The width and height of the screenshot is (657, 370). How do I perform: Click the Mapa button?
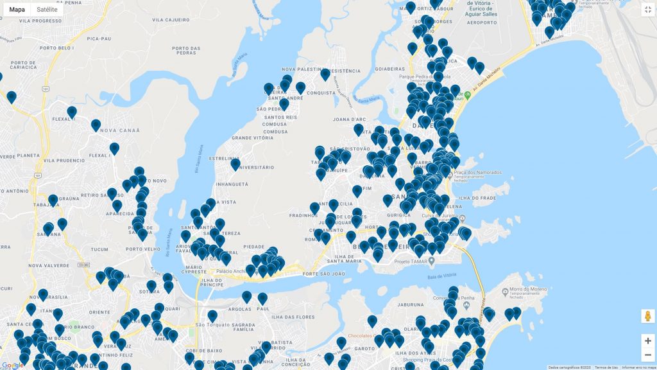[x=17, y=10]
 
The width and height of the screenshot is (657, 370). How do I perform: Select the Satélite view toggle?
[x=47, y=10]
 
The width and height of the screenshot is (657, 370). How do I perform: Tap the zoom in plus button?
[x=647, y=341]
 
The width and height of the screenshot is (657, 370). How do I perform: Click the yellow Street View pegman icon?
[x=647, y=316]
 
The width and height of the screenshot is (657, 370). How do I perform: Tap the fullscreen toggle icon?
[x=647, y=10]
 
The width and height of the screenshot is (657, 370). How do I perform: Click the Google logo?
[x=12, y=365]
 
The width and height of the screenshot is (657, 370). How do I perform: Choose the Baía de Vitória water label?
[x=439, y=277]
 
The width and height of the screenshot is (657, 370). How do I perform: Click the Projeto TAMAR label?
[x=411, y=261]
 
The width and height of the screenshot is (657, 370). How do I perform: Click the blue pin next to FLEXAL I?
[x=72, y=112]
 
